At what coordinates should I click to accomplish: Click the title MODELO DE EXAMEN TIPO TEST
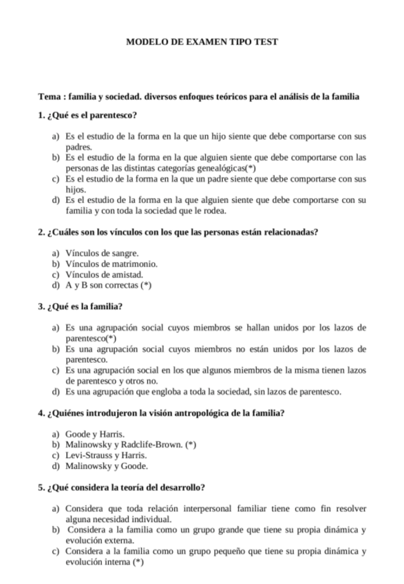[202, 41]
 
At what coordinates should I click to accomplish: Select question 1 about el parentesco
[88, 114]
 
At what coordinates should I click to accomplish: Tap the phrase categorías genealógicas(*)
[206, 167]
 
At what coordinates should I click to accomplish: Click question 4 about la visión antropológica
[162, 413]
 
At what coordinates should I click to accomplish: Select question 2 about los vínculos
[178, 231]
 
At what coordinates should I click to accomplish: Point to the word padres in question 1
[79, 147]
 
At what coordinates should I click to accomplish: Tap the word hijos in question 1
[76, 189]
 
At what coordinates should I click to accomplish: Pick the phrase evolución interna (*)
[105, 562]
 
